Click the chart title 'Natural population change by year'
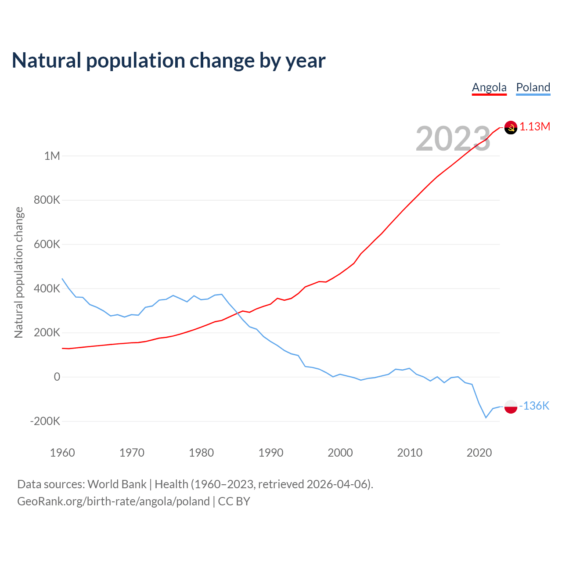[x=169, y=61]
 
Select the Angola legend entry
[x=489, y=87]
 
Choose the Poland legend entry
[x=533, y=87]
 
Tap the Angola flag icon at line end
[x=511, y=127]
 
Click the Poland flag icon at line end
[x=511, y=407]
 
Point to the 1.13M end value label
[x=535, y=127]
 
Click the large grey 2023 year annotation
[x=453, y=139]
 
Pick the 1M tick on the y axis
[x=52, y=156]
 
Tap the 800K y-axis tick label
[x=47, y=200]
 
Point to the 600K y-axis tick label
[x=47, y=245]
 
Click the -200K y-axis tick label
[x=45, y=421]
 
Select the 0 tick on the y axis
[x=57, y=377]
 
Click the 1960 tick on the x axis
[x=62, y=453]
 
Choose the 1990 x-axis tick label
[x=271, y=453]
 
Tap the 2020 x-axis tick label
[x=479, y=453]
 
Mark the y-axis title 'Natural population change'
[x=19, y=273]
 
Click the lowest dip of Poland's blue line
[x=486, y=418]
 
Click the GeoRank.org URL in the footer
[x=113, y=501]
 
